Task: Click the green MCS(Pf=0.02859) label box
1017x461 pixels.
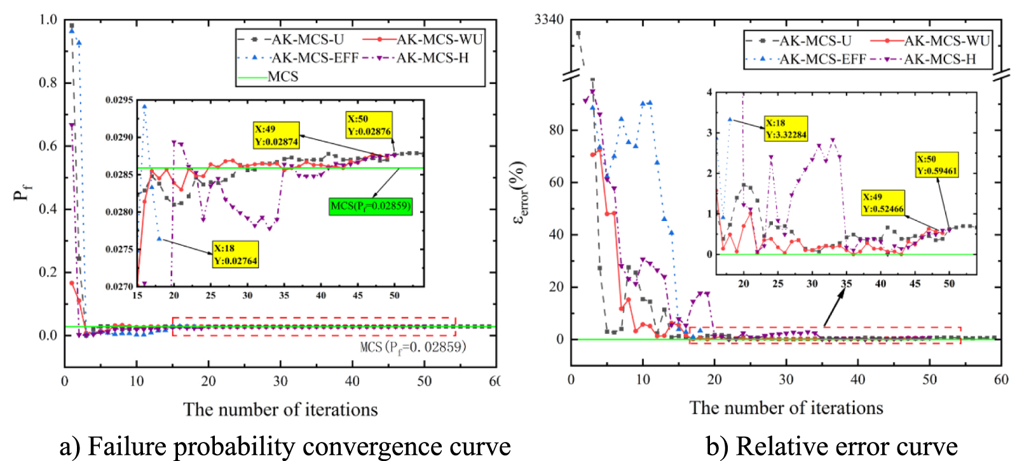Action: click(371, 206)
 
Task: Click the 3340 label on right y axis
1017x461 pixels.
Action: click(549, 20)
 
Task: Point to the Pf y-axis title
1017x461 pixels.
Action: click(22, 190)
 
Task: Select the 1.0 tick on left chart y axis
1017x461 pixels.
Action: click(48, 20)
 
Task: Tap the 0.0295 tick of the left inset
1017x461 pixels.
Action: click(119, 100)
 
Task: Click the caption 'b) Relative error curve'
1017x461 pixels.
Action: click(831, 446)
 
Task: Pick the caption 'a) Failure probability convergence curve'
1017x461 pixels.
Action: click(285, 446)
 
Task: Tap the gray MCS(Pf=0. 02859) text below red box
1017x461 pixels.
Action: click(413, 347)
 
